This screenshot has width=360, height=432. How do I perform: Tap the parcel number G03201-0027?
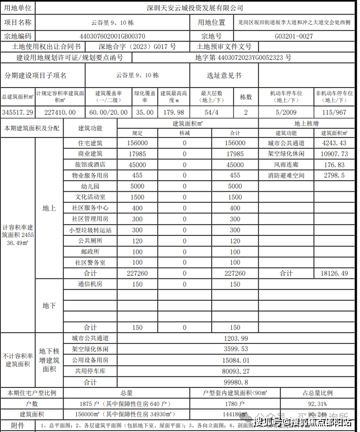(294, 36)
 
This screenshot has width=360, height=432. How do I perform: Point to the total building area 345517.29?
(18, 112)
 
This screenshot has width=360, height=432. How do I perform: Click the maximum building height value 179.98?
(172, 112)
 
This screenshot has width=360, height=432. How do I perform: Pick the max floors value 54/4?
(212, 112)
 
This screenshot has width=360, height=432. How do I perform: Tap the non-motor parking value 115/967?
(335, 112)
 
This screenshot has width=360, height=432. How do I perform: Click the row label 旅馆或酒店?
(91, 164)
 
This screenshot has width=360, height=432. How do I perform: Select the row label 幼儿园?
(91, 186)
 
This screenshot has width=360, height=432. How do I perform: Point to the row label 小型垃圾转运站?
(91, 230)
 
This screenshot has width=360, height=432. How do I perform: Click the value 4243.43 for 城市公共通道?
(335, 143)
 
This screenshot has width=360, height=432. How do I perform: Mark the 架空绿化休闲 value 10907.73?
(335, 154)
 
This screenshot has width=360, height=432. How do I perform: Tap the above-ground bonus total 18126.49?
(335, 273)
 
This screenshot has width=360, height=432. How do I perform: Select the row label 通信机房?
(91, 284)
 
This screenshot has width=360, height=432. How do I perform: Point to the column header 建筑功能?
(91, 127)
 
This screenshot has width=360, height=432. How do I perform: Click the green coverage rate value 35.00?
(145, 112)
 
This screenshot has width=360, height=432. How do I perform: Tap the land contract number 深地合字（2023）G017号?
(137, 47)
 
